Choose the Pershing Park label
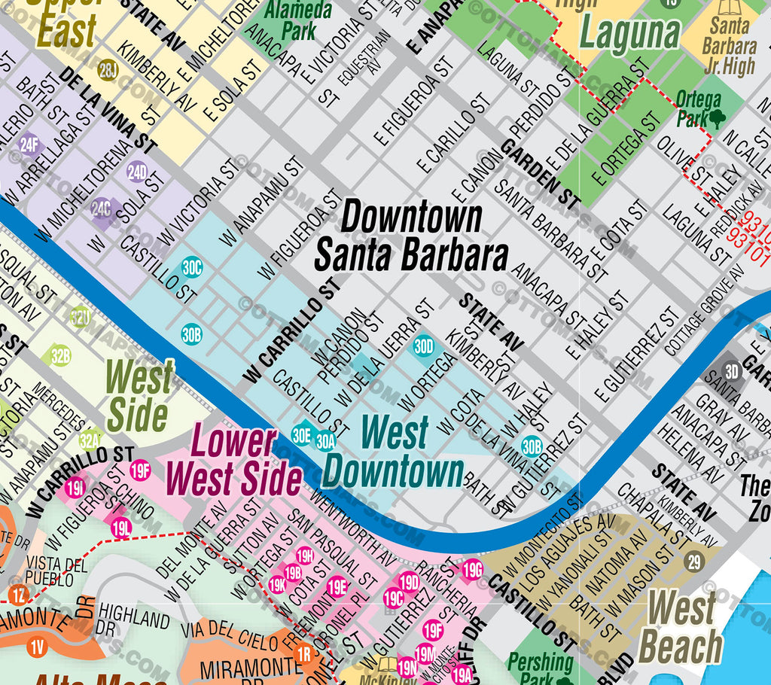541,667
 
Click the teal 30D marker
424,346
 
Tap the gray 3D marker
731,370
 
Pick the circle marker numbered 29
694,561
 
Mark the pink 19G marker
472,568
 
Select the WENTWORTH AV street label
352,527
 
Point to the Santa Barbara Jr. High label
729,45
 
